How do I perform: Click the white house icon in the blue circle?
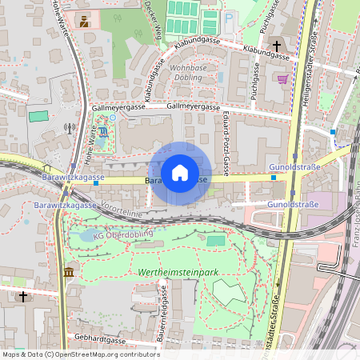[x=180, y=172]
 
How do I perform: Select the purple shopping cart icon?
[x=282, y=78]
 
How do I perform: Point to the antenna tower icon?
[x=70, y=127]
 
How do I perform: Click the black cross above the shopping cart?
[x=278, y=47]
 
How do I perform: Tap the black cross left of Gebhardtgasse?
[x=23, y=297]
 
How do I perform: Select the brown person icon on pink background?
[x=84, y=20]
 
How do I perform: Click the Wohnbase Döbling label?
[x=194, y=73]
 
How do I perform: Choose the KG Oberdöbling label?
[x=121, y=236]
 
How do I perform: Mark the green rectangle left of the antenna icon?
[x=38, y=116]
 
